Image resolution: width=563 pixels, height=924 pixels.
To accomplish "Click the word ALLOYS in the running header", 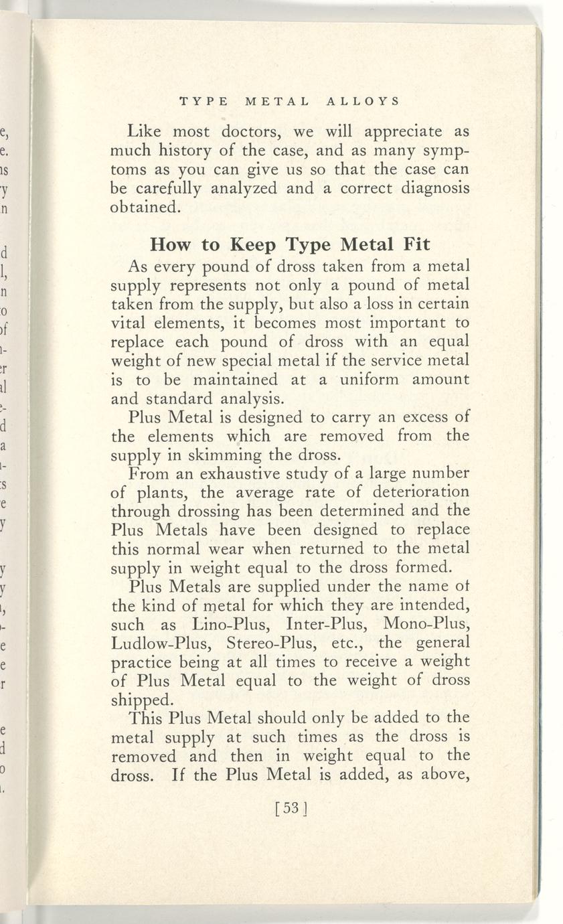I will coord(364,102).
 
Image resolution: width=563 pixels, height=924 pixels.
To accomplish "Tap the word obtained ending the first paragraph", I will coord(144,207).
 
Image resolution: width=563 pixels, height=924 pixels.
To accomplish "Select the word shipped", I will coord(142,700).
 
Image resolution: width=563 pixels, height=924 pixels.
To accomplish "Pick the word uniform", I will coord(369,380).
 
